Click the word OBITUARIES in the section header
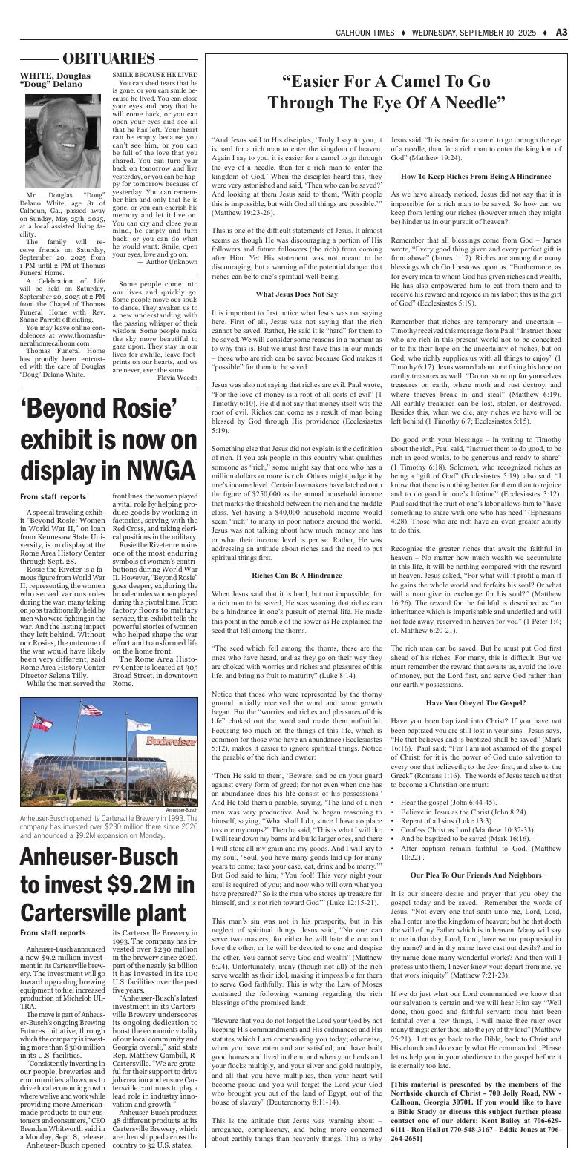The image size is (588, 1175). [109, 59]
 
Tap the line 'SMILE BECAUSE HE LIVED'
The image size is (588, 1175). [154, 75]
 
